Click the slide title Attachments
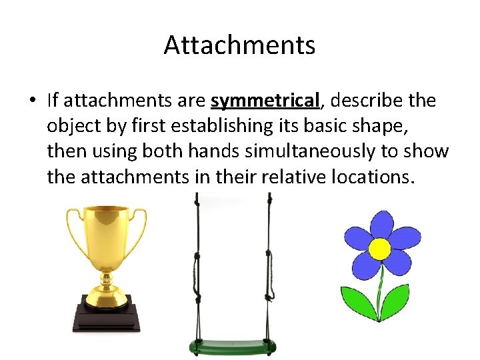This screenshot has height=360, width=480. click(x=239, y=45)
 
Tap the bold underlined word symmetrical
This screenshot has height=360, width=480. click(x=265, y=101)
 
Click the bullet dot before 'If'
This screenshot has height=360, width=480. click(x=31, y=101)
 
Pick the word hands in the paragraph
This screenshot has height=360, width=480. click(x=213, y=152)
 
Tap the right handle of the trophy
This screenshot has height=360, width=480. click(x=140, y=230)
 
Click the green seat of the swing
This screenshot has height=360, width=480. click(x=231, y=347)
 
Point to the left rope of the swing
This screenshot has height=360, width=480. click(x=196, y=267)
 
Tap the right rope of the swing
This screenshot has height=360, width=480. click(x=269, y=267)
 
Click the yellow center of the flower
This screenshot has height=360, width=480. click(x=380, y=249)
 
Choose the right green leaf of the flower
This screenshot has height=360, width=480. click(x=398, y=300)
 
